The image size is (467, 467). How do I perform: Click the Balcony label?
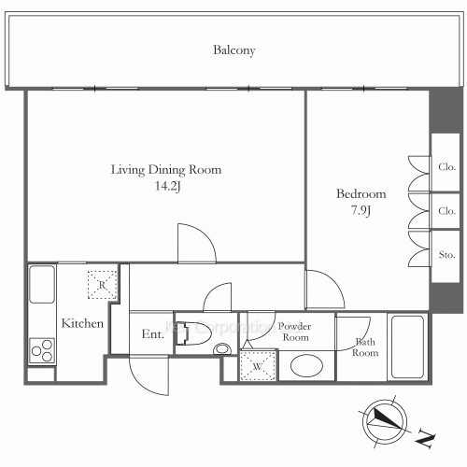point(233,50)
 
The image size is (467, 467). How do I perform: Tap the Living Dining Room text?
point(166,170)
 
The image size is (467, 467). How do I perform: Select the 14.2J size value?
point(166,186)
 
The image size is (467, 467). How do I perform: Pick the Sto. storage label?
point(446,253)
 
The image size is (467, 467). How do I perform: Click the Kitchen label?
point(82,323)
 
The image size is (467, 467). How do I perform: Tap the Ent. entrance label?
point(153,334)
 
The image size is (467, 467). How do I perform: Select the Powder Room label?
point(295,332)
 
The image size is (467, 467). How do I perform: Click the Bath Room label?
point(365,347)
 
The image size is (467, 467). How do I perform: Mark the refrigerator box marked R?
point(101,282)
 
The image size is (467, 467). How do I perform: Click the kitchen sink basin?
point(43,284)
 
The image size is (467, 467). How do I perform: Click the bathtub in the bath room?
point(407,347)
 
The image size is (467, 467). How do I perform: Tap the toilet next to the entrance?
point(191,335)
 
